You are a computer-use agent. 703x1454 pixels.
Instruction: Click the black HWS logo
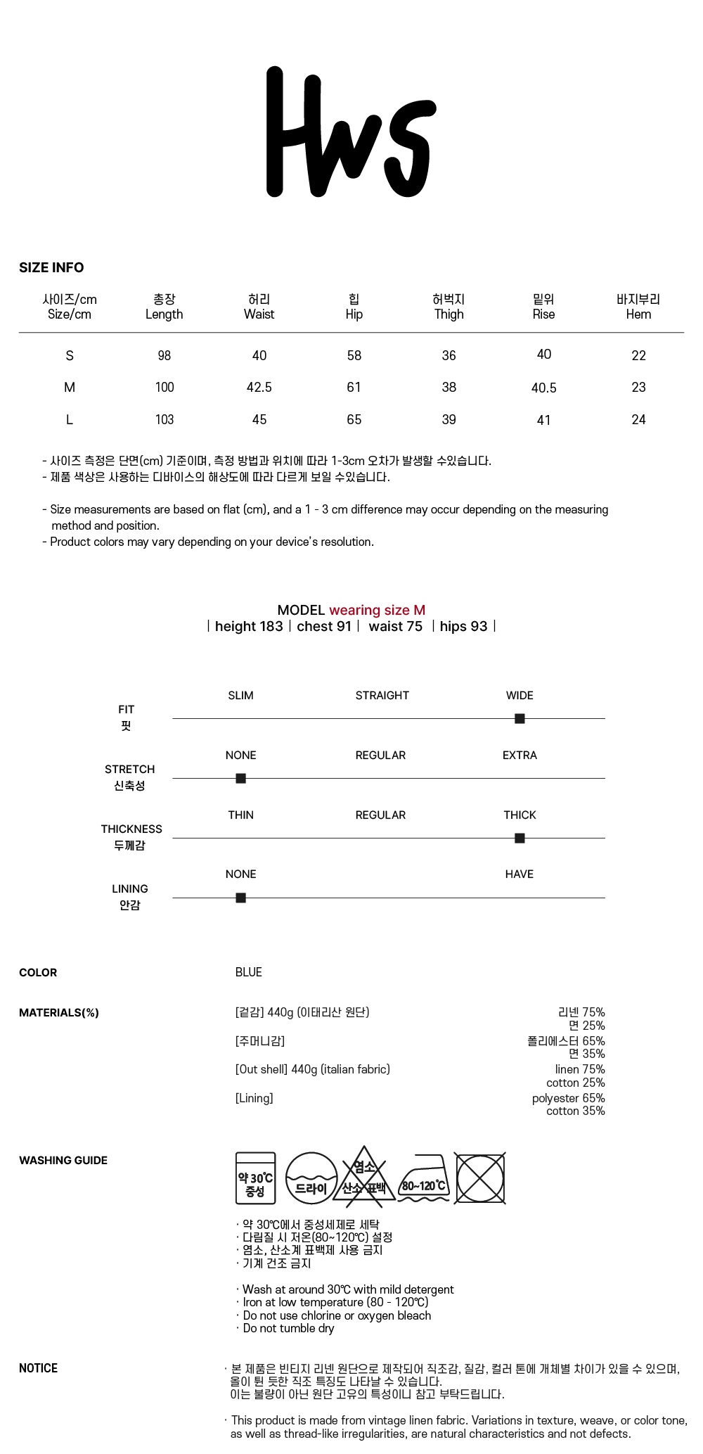click(x=351, y=132)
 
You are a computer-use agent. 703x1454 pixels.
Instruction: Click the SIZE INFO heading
click(x=51, y=267)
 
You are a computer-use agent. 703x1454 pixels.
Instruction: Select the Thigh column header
click(x=449, y=307)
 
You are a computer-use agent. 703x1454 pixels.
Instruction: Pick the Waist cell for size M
click(x=259, y=387)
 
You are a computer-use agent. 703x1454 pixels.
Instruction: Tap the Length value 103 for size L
click(x=164, y=419)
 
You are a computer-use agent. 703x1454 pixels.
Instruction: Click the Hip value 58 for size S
click(x=354, y=355)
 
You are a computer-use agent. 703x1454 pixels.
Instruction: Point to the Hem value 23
click(x=638, y=387)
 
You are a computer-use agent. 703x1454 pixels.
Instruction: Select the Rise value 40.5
click(x=543, y=388)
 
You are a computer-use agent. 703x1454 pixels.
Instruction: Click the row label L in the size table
click(x=69, y=419)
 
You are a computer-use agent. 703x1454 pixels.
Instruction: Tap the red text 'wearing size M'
click(x=377, y=610)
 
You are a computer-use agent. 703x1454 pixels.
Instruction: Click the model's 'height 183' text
click(x=249, y=626)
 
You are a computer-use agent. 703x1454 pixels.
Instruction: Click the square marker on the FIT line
click(x=520, y=718)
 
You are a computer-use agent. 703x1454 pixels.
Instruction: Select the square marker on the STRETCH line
click(x=240, y=778)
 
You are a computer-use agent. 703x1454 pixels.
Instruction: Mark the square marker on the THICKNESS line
click(x=520, y=838)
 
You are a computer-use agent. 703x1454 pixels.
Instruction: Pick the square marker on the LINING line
click(x=240, y=898)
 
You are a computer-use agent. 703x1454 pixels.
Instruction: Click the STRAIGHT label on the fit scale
click(x=382, y=695)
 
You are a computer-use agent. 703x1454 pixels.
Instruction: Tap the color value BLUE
click(x=248, y=972)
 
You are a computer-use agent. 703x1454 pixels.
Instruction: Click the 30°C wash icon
click(x=255, y=1178)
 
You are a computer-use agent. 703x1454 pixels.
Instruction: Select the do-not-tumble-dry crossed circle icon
click(x=480, y=1178)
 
